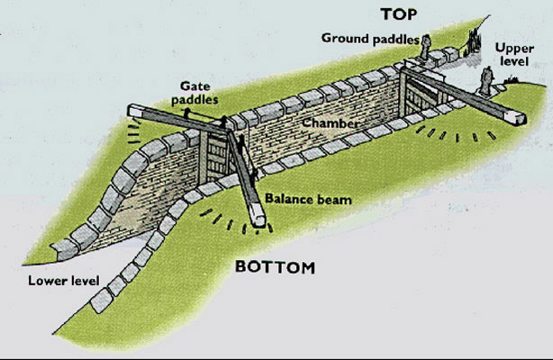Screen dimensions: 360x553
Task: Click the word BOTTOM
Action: coord(275,267)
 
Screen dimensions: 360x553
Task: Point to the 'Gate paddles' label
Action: coord(189,91)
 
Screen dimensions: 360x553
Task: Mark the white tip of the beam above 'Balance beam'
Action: coord(259,216)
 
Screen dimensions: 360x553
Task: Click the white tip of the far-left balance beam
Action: coord(135,111)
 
